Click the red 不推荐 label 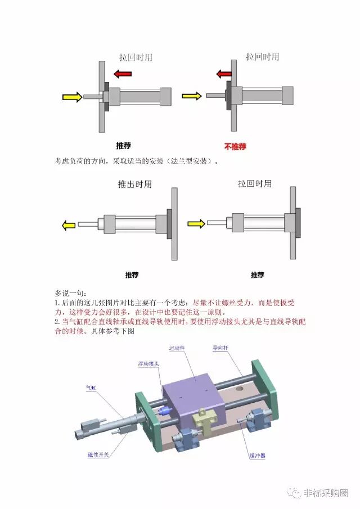coord(235,146)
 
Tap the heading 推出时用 coord(134,184)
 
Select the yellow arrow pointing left coord(68,226)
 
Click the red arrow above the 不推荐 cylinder coord(224,74)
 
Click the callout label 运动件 coord(177,348)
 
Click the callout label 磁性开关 coord(98,455)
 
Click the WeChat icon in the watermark coord(294,493)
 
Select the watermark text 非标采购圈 coord(326,493)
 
